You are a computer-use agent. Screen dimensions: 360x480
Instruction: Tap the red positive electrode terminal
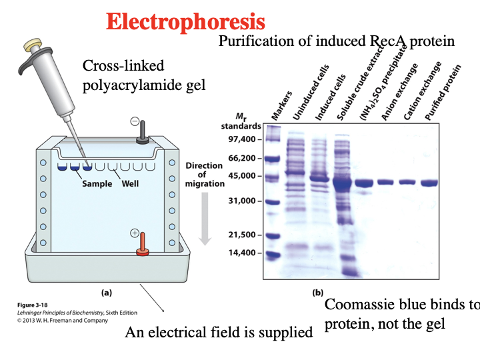tap(142, 243)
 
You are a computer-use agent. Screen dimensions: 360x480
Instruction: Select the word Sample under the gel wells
tap(97, 183)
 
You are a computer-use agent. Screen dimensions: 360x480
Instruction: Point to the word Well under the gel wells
tap(130, 183)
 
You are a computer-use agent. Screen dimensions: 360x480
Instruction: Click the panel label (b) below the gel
tap(319, 292)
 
